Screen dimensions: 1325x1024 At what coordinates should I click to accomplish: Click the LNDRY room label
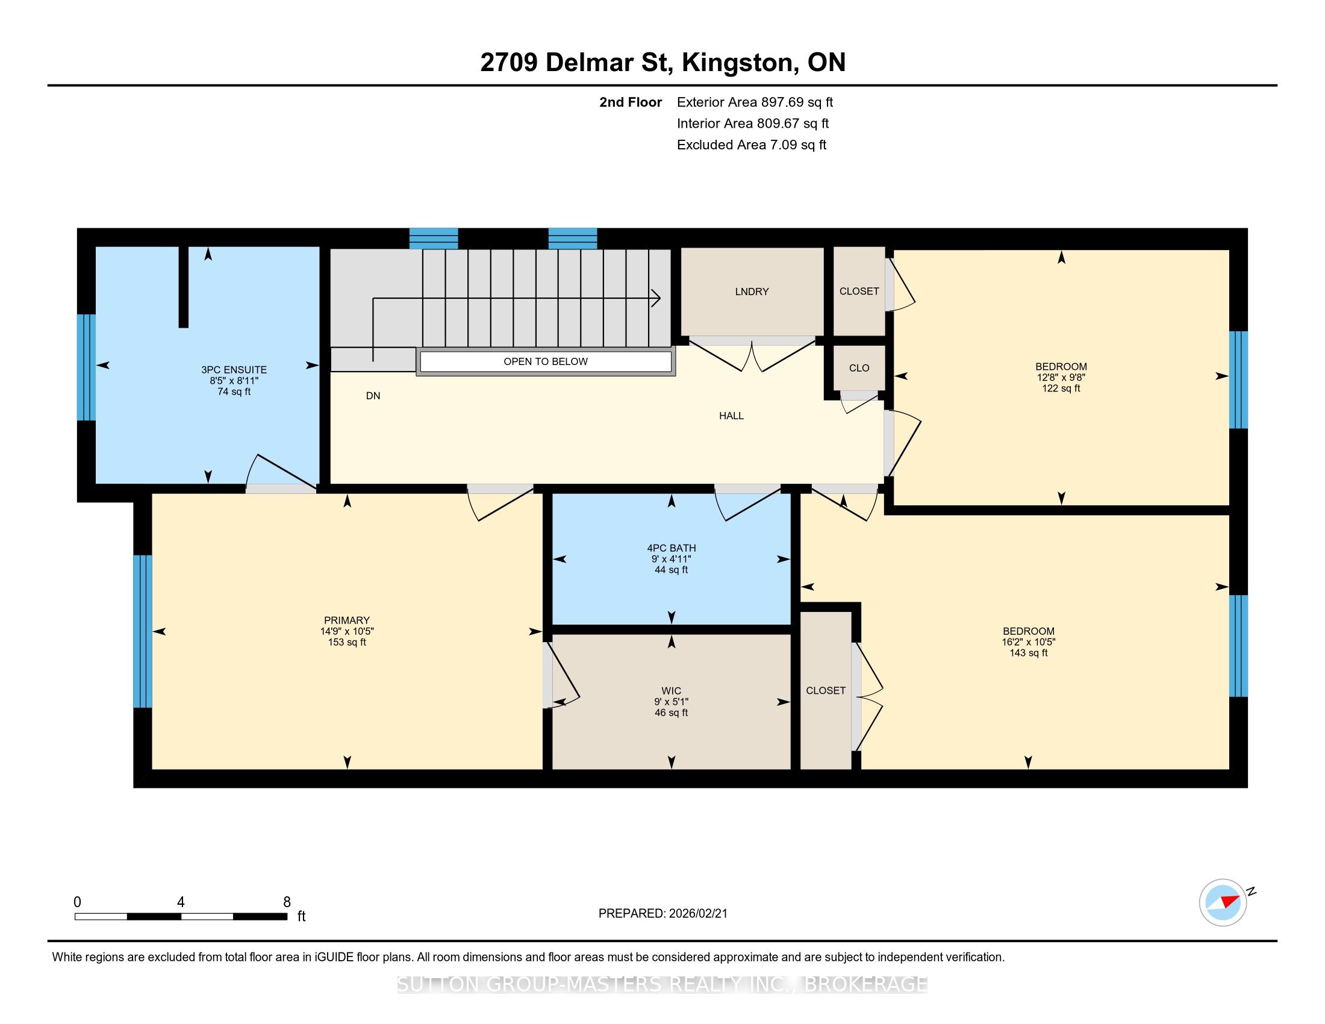coord(752,292)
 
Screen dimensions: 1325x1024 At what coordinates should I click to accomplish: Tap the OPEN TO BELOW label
coord(546,361)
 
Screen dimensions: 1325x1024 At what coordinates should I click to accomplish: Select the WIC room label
coord(671,691)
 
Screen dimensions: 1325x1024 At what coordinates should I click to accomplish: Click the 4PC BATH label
coord(671,548)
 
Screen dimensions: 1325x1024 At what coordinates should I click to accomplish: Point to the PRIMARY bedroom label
coord(346,620)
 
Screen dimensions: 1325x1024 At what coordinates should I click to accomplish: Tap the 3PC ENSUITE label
coord(234,369)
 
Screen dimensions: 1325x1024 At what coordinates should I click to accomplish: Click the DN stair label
coord(373,396)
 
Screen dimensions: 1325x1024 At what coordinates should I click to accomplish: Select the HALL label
coord(731,416)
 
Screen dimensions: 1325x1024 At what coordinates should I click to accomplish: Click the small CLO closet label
coord(859,367)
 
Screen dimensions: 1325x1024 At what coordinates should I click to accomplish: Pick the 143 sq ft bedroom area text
coord(1028,653)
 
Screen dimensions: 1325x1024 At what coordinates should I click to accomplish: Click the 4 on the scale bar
coord(181,902)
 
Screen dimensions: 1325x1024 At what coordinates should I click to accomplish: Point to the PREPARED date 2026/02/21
coord(662,914)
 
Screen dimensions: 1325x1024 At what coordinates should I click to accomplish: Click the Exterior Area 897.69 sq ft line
coord(755,102)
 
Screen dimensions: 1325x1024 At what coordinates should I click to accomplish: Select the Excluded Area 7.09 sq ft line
coord(752,145)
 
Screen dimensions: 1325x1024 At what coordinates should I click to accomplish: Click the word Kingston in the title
coord(738,62)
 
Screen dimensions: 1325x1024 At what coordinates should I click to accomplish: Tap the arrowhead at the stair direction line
coord(656,297)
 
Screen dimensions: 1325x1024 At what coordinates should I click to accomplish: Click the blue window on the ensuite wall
coord(86,367)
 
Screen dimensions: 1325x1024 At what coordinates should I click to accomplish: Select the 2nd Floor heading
coord(631,102)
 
